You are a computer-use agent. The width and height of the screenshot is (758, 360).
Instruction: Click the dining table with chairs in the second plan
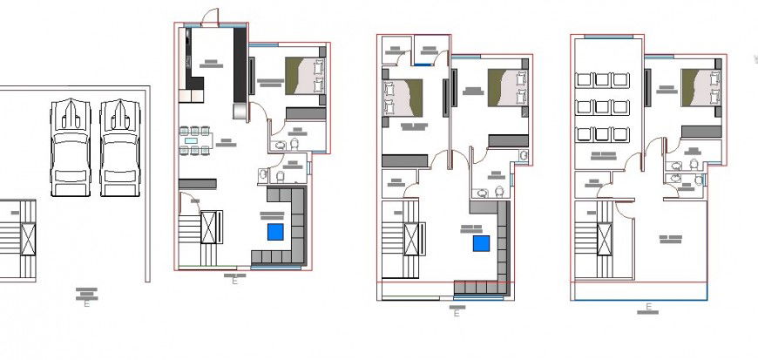pos(196,139)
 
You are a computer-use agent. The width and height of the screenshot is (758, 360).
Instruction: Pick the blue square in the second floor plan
pos(275,231)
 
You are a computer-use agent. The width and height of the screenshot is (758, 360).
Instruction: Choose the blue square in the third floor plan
pos(480,243)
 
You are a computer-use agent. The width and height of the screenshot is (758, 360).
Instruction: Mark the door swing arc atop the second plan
pos(209,15)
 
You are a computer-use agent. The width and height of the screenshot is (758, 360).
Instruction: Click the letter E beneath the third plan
pos(456,314)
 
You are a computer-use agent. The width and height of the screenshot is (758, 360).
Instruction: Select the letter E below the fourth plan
pos(648,308)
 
